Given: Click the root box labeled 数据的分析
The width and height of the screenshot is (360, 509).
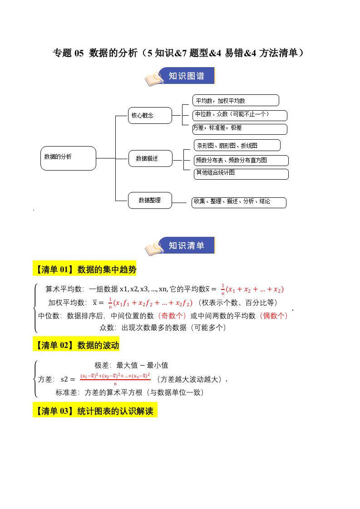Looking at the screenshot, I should [68, 158].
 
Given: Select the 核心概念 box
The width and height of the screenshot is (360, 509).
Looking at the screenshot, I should [150, 115].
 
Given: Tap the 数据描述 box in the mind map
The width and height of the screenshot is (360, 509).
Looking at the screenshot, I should [150, 158].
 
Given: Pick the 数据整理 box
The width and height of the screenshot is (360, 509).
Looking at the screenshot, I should [150, 200].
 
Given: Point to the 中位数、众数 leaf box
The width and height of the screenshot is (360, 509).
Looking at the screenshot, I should [240, 115].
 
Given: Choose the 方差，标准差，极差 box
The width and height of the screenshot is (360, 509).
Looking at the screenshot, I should [240, 129].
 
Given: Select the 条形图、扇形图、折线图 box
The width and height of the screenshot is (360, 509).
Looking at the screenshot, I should [237, 145].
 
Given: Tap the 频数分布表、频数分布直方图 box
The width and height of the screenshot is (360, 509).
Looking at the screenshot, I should [241, 160].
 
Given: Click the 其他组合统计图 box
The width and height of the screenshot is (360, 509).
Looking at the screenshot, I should [241, 174].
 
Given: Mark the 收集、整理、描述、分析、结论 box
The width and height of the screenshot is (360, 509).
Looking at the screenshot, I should [239, 202].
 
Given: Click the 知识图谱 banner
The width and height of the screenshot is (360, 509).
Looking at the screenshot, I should [187, 76].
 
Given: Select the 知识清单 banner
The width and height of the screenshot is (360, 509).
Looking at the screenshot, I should [187, 245].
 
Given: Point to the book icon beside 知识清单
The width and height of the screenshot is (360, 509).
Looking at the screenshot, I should [153, 247].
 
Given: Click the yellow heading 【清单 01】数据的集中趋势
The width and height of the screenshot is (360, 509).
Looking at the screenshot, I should [84, 269].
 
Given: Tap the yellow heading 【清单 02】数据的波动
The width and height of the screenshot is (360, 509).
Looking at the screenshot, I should [76, 345].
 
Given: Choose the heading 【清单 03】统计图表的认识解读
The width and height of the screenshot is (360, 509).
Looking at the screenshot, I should [95, 411].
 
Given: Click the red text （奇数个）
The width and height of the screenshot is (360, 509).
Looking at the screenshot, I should [171, 316].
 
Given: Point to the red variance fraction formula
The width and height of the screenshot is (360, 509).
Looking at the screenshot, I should [115, 379].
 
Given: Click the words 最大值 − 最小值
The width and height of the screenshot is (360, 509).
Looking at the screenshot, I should [142, 365].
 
